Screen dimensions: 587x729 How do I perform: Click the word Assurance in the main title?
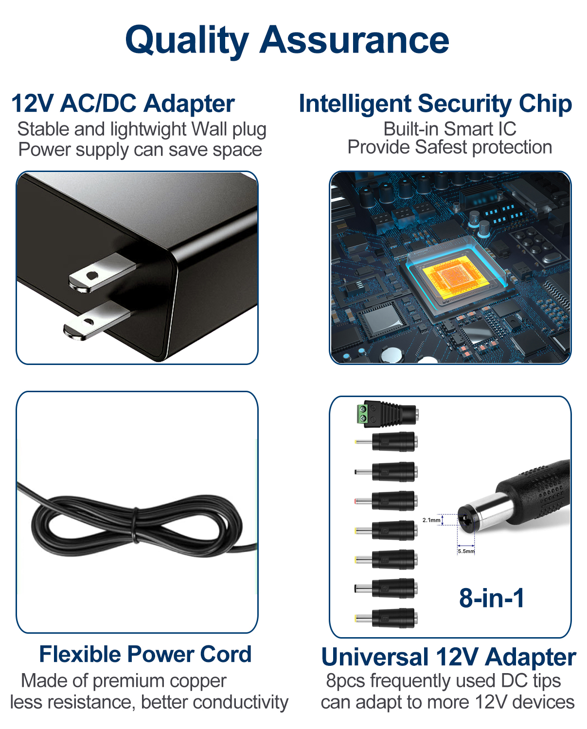[354, 40]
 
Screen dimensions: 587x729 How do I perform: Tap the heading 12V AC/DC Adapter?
[123, 103]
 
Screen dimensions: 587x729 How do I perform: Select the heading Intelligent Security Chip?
[435, 104]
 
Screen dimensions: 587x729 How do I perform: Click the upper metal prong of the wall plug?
[102, 272]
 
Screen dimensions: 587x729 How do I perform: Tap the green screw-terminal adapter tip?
[387, 414]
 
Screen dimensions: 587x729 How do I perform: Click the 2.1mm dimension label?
[431, 520]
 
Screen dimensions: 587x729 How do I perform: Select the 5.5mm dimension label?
[466, 551]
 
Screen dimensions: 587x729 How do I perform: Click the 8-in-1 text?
[491, 598]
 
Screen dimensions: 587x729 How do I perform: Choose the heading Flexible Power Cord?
[145, 654]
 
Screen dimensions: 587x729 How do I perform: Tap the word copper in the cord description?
[198, 681]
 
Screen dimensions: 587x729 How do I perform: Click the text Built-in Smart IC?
[450, 129]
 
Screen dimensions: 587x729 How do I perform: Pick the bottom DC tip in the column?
[386, 618]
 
